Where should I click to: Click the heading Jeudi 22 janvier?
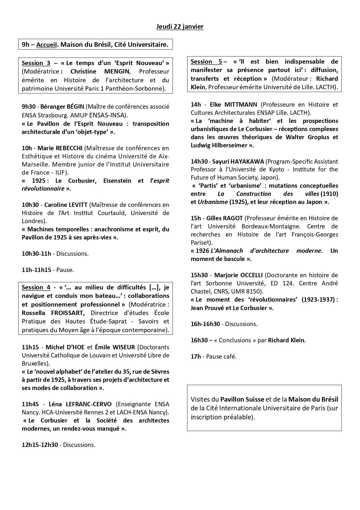coord(180,27)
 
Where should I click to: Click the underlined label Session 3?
coord(36,63)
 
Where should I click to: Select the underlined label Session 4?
coord(36,287)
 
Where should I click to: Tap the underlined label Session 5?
coord(206,62)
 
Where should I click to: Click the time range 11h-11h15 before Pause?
coord(36,270)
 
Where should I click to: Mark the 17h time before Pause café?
coord(196,357)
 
